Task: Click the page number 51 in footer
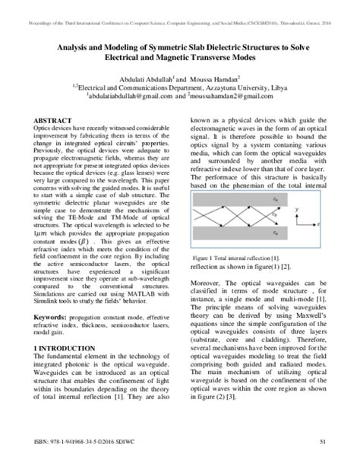(x=323, y=442)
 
